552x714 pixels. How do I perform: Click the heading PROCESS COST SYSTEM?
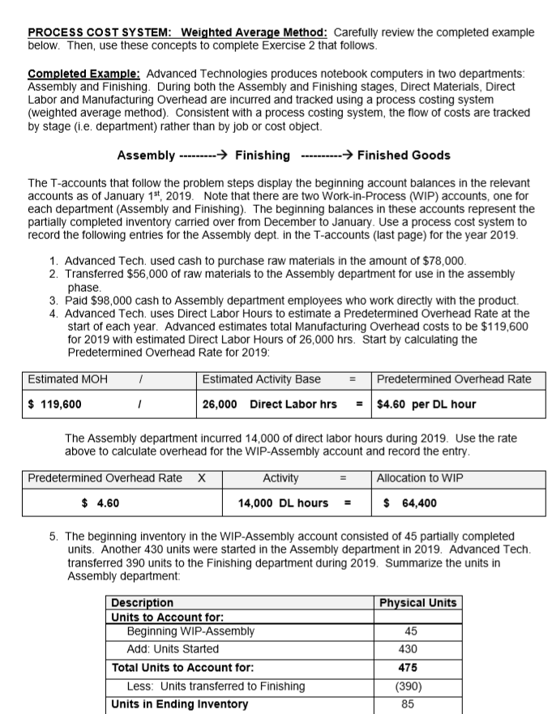(96, 32)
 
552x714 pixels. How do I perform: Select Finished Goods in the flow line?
(404, 155)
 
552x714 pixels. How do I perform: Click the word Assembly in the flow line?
(145, 155)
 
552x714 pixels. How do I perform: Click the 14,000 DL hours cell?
(283, 502)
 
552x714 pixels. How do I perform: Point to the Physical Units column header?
(417, 603)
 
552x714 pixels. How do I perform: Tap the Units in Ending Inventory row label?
(179, 703)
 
